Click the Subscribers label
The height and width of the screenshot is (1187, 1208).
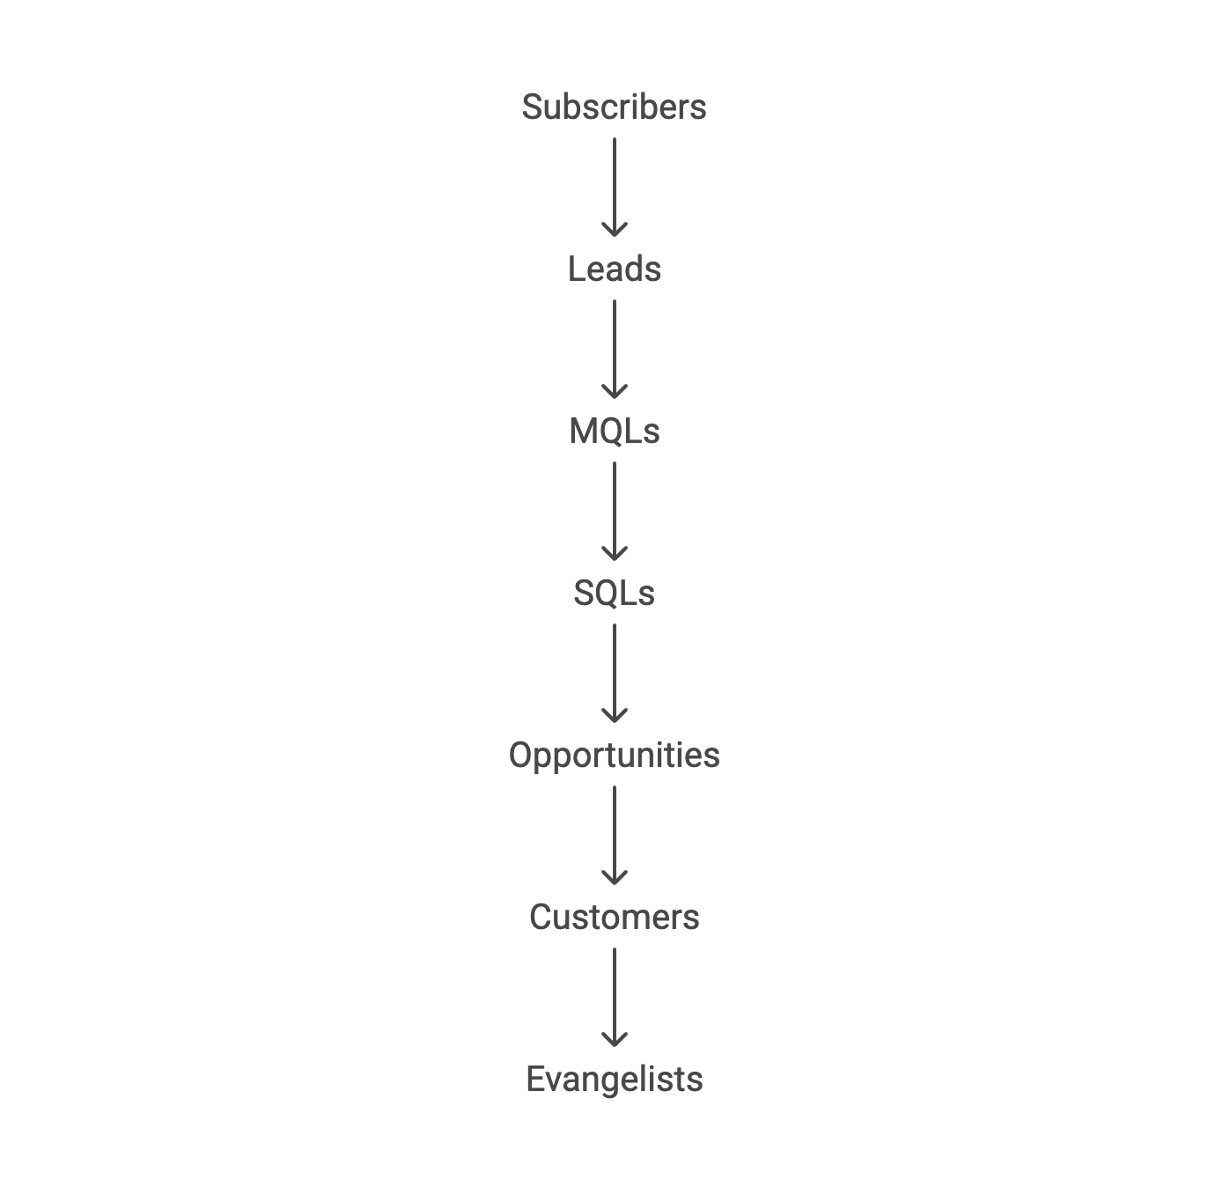614,107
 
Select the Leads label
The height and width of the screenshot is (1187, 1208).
614,269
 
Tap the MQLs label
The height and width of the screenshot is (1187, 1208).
614,431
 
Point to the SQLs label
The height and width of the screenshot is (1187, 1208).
614,593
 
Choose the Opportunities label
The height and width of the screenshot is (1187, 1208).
614,756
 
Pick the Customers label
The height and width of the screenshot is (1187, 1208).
614,918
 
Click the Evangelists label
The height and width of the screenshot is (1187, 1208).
614,1080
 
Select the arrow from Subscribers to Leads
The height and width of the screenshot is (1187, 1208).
615,188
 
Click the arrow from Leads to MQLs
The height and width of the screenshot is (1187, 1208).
615,350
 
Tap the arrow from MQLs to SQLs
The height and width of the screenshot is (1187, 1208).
615,512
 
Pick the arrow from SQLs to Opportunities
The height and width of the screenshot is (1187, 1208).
615,674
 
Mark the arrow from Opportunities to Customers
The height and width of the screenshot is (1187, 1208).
615,836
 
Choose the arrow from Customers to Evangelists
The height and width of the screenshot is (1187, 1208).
615,998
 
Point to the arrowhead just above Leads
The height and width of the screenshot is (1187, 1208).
615,230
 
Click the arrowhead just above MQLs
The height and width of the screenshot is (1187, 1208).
615,392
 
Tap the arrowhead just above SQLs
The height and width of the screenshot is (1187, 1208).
615,554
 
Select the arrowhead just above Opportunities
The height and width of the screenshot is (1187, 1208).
615,716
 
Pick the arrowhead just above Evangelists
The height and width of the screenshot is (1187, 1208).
615,1040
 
